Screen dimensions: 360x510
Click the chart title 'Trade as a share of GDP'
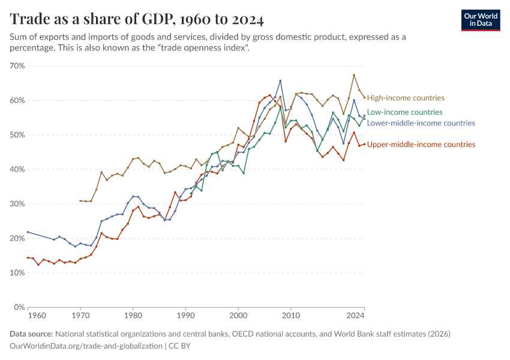(137, 20)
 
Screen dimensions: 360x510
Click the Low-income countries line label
(404, 112)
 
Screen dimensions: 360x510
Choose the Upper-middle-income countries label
(421, 145)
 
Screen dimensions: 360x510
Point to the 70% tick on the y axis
(16, 65)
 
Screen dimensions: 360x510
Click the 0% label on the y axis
(18, 307)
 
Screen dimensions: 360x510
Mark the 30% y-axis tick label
(16, 204)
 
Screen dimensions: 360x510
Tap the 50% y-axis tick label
(16, 135)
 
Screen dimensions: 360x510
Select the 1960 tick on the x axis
(37, 315)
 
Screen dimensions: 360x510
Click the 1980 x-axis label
(133, 315)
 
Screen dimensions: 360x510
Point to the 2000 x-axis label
(238, 315)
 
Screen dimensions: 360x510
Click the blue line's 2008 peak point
(280, 81)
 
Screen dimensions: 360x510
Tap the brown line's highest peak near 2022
(354, 75)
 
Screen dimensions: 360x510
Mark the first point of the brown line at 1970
(80, 201)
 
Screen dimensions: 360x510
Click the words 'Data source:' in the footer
(31, 334)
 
